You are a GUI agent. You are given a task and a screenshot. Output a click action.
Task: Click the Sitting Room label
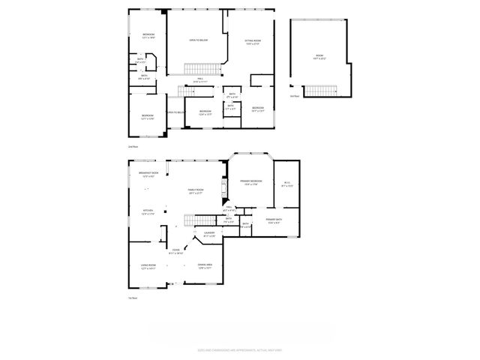pyautogui.click(x=253, y=42)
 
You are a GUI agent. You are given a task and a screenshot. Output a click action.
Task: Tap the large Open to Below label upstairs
pyautogui.click(x=198, y=39)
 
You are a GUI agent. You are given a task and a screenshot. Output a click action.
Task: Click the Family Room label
pyautogui.click(x=196, y=191)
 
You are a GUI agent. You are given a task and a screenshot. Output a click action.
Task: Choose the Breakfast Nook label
pyautogui.click(x=146, y=175)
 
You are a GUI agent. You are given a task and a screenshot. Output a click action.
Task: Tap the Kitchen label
pyautogui.click(x=148, y=212)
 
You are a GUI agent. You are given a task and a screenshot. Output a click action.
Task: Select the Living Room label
pyautogui.click(x=148, y=265)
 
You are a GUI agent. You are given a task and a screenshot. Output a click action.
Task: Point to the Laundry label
pyautogui.click(x=208, y=235)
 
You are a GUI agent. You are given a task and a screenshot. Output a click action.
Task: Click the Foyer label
pyautogui.click(x=175, y=251)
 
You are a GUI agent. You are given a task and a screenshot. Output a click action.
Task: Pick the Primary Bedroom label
pyautogui.click(x=250, y=183)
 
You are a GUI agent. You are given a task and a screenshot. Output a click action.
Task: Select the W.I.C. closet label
pyautogui.click(x=286, y=184)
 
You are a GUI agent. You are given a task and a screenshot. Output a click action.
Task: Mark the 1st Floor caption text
pyautogui.click(x=133, y=298)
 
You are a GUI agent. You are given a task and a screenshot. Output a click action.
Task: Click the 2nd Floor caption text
pyautogui.click(x=133, y=146)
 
